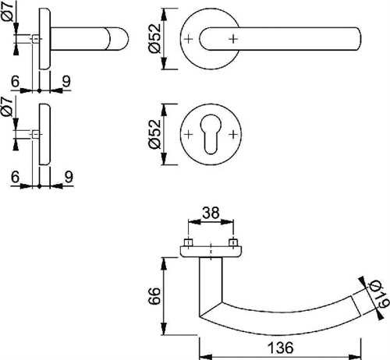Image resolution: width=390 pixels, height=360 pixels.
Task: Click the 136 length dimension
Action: point(281,348)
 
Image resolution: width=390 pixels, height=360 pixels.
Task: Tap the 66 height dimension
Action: point(154,296)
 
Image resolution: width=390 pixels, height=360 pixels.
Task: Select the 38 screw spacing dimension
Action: point(211,213)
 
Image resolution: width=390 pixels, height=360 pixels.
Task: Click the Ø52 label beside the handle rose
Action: point(155,38)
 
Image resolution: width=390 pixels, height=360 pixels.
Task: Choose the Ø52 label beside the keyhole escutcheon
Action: point(155,134)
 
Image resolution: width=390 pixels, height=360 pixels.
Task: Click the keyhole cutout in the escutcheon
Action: point(211,134)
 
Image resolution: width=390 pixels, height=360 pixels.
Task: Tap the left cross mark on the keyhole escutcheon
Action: point(189,134)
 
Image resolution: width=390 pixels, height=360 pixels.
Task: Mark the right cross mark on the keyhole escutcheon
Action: point(233,134)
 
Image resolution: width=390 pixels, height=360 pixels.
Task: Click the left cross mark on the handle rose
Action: point(189,39)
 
